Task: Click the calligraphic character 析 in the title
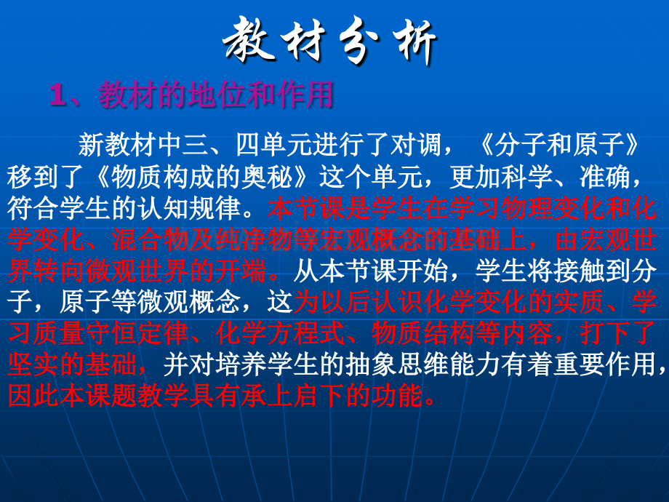[413, 43]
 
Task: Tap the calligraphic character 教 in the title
[247, 40]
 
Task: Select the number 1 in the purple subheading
[58, 95]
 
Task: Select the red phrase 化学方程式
[280, 333]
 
